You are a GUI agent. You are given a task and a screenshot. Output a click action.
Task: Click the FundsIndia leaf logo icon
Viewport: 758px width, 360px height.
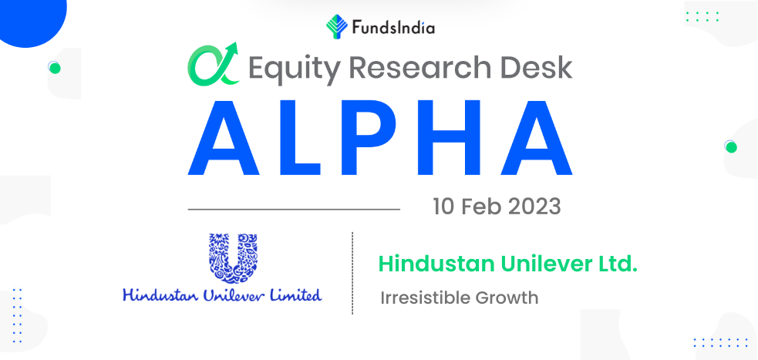pyautogui.click(x=336, y=26)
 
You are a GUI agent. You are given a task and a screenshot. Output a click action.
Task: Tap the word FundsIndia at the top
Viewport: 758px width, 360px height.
pyautogui.click(x=393, y=28)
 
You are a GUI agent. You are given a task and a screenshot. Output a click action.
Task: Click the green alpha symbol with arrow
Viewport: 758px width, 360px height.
pyautogui.click(x=214, y=64)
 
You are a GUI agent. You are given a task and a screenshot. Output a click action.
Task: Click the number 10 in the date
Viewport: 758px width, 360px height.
pyautogui.click(x=443, y=207)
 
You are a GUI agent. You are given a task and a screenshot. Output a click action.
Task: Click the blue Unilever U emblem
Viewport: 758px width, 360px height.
pyautogui.click(x=233, y=258)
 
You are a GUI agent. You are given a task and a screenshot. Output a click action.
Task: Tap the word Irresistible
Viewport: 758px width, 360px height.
pyautogui.click(x=426, y=298)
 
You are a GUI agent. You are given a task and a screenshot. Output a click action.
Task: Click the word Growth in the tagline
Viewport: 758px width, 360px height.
pyautogui.click(x=507, y=298)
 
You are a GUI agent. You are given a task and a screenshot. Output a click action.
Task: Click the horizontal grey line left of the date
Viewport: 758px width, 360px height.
pyautogui.click(x=294, y=209)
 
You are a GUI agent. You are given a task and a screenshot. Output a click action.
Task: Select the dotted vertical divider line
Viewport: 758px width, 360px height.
pyautogui.click(x=352, y=273)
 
